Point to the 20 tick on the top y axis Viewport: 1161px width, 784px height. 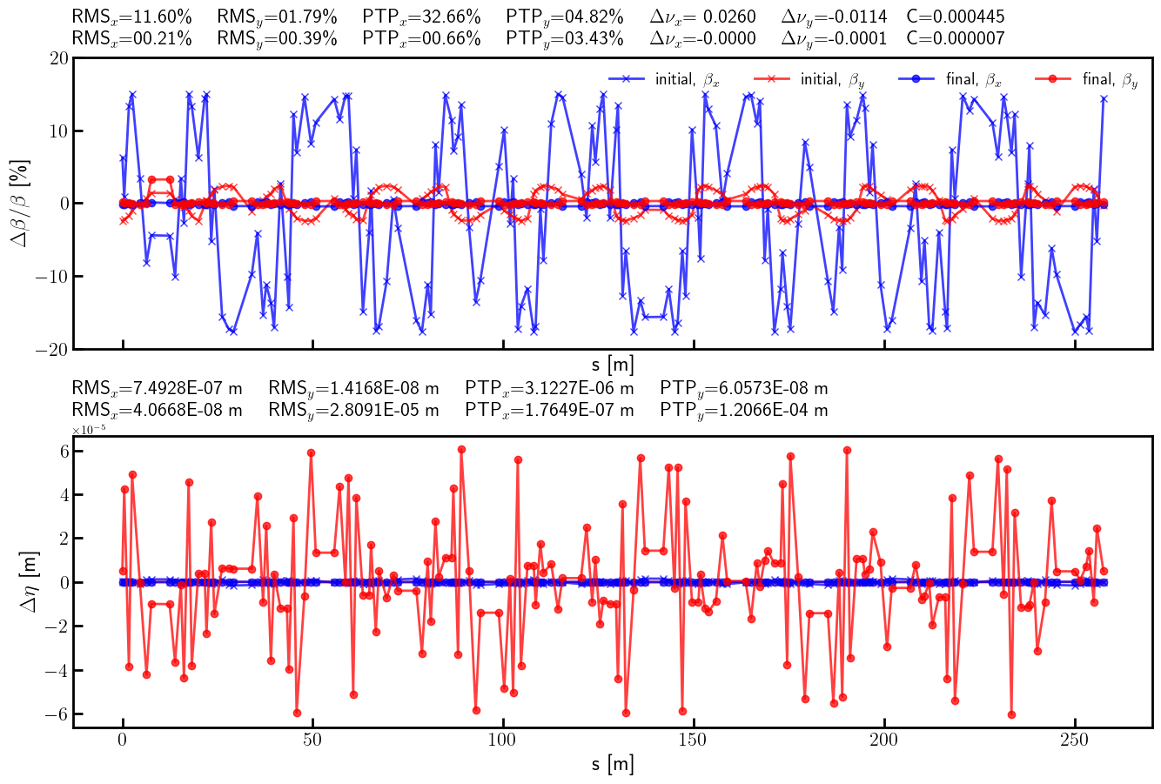(59, 58)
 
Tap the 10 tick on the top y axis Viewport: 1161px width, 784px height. (59, 131)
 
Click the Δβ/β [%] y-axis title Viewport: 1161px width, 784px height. (20, 203)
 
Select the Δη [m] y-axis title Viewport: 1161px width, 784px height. (29, 582)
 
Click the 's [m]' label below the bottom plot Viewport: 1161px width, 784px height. (613, 765)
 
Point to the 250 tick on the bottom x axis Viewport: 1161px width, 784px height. (1075, 740)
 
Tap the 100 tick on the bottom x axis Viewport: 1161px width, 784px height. (503, 740)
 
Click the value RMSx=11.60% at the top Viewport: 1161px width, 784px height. (131, 17)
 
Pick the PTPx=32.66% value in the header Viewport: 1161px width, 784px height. (421, 17)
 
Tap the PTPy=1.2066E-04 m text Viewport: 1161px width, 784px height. (743, 410)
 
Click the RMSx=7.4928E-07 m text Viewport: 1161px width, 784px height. (157, 388)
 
